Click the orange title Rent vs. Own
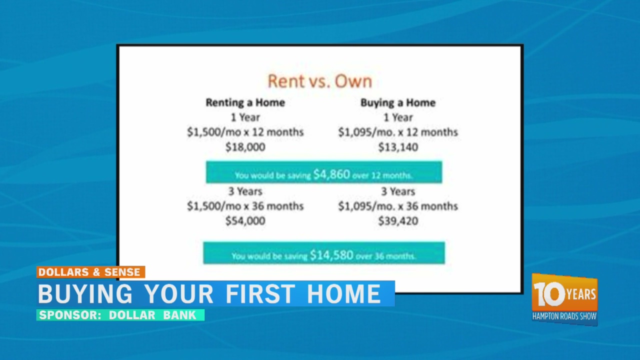(x=320, y=81)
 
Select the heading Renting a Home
(x=245, y=102)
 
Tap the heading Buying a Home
(x=398, y=103)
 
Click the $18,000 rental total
(x=245, y=147)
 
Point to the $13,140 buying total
(x=398, y=147)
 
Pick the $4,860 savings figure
(x=331, y=174)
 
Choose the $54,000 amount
(x=245, y=221)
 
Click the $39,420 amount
(x=398, y=221)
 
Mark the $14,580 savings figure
(x=331, y=255)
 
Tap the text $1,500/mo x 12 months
(x=245, y=132)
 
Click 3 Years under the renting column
(x=245, y=191)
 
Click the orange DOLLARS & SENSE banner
(x=91, y=272)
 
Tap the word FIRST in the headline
(x=260, y=293)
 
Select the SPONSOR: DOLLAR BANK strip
(x=120, y=315)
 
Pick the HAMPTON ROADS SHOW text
(x=564, y=316)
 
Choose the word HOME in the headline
(x=343, y=293)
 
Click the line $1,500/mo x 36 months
(x=245, y=206)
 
